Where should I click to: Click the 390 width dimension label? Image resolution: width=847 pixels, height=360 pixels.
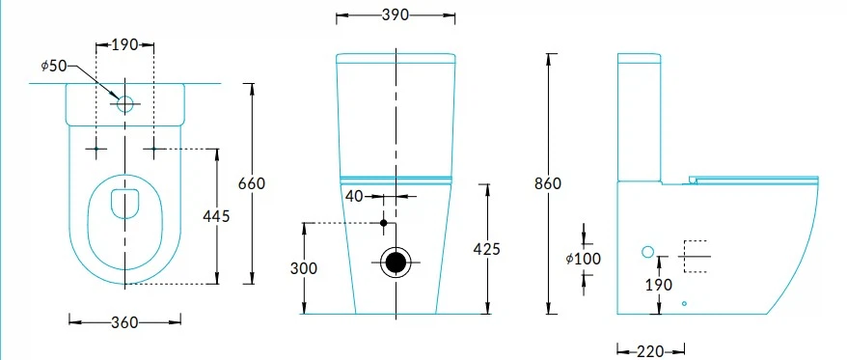(x=395, y=15)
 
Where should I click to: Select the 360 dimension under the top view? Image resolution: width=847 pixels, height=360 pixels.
(x=124, y=322)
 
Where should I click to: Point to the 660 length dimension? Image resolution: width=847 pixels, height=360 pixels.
(x=252, y=183)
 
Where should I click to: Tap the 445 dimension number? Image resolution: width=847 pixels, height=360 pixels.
(x=217, y=216)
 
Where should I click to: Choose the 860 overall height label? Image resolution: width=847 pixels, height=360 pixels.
(x=548, y=183)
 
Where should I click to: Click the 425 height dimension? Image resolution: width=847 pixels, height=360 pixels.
(x=487, y=249)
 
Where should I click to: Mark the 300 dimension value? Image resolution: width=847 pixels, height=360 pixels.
(x=304, y=268)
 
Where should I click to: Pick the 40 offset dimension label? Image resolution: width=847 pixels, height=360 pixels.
(x=354, y=196)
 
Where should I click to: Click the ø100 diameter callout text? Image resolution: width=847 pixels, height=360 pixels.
(x=584, y=259)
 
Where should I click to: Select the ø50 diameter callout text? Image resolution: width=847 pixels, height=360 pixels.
(x=53, y=66)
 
